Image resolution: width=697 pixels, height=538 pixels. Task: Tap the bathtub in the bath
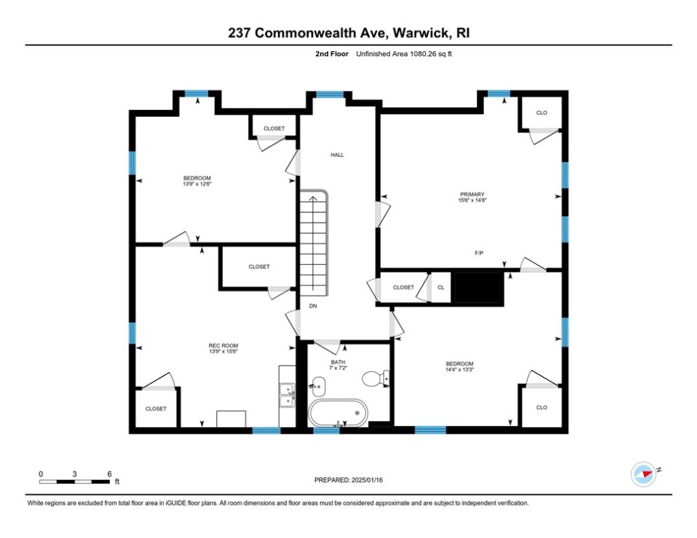pyautogui.click(x=338, y=413)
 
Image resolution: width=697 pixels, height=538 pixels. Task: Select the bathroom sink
pyautogui.click(x=317, y=385)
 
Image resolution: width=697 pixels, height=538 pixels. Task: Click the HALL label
pyautogui.click(x=338, y=155)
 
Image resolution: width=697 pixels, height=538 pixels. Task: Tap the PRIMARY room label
pyautogui.click(x=472, y=195)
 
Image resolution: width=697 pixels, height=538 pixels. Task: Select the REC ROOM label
pyautogui.click(x=223, y=345)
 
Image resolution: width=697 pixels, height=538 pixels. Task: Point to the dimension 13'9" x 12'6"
pyautogui.click(x=197, y=184)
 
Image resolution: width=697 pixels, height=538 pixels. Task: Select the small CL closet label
pyautogui.click(x=441, y=287)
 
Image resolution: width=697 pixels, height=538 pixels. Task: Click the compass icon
pyautogui.click(x=642, y=474)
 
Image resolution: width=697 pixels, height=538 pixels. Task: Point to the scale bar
pyautogui.click(x=75, y=481)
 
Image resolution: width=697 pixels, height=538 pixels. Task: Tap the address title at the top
pyautogui.click(x=348, y=33)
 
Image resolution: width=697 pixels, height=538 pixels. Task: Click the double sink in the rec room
pyautogui.click(x=287, y=396)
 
